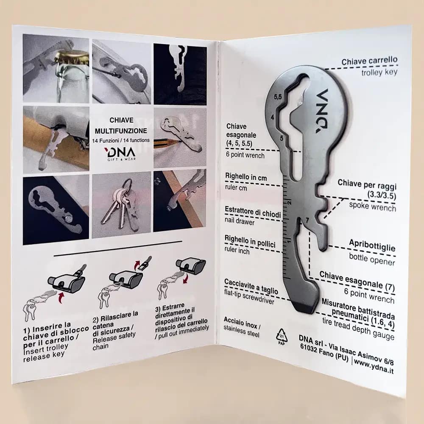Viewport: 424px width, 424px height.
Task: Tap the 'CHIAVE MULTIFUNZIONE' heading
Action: (121, 126)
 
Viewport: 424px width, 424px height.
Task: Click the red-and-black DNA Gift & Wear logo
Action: (120, 153)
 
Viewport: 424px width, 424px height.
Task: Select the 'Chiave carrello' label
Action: (369, 61)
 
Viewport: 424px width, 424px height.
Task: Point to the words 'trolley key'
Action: (379, 72)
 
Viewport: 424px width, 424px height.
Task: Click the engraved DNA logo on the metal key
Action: (322, 111)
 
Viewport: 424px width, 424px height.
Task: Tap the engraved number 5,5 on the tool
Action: (278, 97)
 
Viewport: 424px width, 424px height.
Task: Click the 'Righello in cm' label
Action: (246, 177)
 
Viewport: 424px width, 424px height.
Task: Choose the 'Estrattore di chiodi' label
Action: (253, 212)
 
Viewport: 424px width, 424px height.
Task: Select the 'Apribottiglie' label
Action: (372, 245)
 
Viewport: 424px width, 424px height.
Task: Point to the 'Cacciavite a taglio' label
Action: (251, 287)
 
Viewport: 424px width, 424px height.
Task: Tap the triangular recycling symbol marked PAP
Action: (282, 336)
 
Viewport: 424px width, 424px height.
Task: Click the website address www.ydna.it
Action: (374, 365)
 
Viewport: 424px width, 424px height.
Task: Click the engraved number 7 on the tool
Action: (307, 220)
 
